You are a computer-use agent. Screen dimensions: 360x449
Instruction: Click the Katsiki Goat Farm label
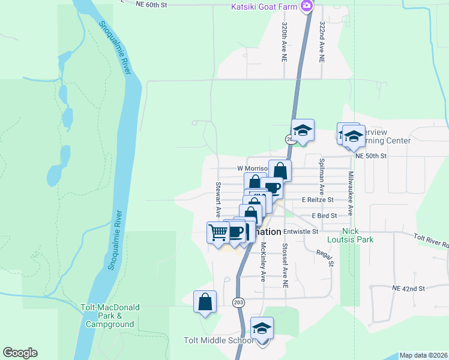click(265, 6)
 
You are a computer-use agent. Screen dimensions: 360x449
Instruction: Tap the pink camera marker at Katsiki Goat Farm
click(307, 6)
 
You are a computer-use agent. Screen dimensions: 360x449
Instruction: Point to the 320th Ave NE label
click(285, 44)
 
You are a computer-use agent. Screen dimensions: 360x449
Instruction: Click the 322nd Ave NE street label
click(322, 44)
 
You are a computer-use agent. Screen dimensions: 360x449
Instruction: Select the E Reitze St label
click(318, 199)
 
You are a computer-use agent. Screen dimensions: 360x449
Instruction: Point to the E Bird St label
click(324, 215)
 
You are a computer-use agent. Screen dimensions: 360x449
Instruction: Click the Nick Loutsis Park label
click(358, 235)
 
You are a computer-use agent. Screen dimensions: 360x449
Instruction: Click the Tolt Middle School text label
click(218, 341)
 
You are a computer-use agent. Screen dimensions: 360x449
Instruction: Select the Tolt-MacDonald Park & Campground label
click(110, 316)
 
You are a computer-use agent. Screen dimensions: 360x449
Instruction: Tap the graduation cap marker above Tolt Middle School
click(262, 328)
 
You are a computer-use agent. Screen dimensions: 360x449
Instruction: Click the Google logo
click(20, 353)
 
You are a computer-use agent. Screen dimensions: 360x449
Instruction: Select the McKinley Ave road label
click(262, 262)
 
